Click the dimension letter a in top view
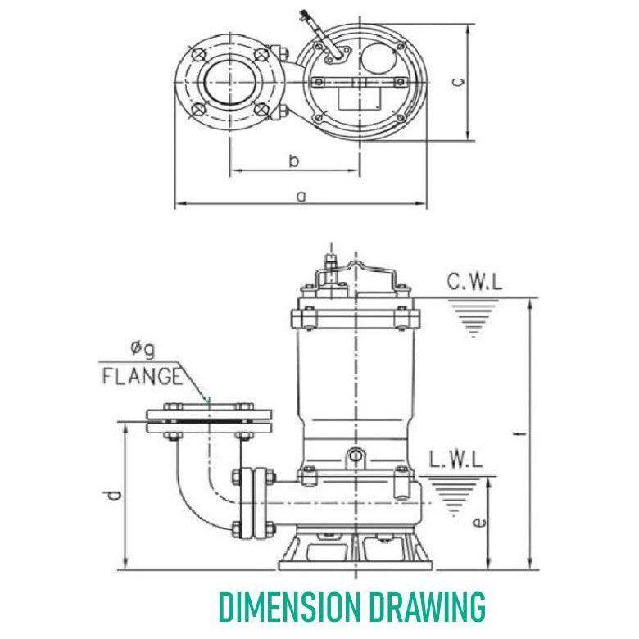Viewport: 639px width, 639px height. [x=301, y=196]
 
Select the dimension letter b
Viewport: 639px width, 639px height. [x=293, y=161]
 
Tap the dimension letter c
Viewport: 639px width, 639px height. [x=460, y=81]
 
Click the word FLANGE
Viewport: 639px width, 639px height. [x=140, y=376]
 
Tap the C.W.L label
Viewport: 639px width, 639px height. [x=475, y=283]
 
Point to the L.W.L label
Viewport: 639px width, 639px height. [x=458, y=459]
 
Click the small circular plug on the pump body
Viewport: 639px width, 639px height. [x=355, y=455]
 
